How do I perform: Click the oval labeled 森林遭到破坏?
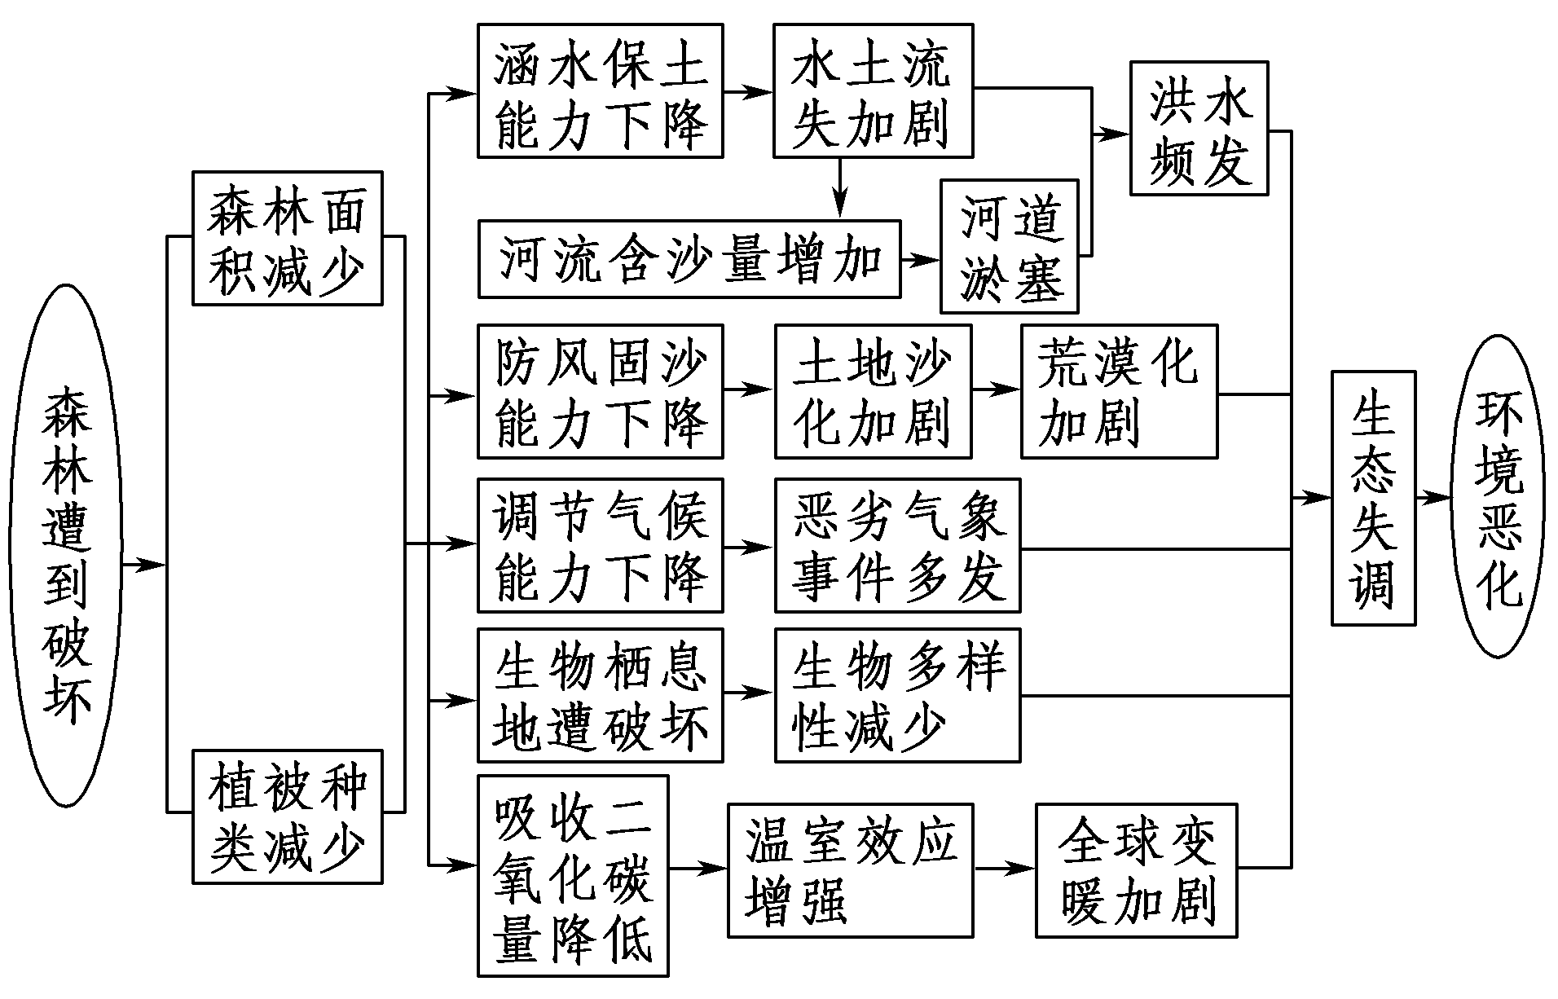tap(65, 545)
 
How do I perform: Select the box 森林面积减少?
tap(287, 238)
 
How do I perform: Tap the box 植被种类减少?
tap(287, 816)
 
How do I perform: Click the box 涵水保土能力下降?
tap(600, 90)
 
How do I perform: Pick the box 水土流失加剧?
tap(873, 90)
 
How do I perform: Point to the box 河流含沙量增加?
tap(689, 258)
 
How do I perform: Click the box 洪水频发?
tap(1199, 128)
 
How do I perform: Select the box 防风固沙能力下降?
tap(600, 391)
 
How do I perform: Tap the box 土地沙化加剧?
tap(873, 391)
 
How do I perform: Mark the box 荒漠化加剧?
tap(1119, 391)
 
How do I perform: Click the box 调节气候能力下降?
tap(600, 545)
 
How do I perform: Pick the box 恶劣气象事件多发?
tap(897, 545)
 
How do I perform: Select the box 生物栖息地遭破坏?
tap(600, 695)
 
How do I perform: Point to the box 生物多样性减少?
tap(897, 695)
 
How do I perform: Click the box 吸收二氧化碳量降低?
tap(573, 875)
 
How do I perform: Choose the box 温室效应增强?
tap(850, 870)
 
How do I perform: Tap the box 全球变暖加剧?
tap(1136, 870)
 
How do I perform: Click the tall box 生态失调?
tap(1373, 498)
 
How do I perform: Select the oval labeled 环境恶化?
tap(1499, 496)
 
